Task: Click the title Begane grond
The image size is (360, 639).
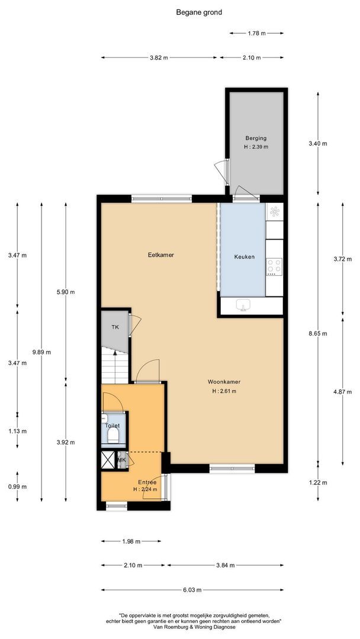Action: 199,12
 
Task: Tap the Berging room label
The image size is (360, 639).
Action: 256,138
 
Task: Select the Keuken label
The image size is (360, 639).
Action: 244,257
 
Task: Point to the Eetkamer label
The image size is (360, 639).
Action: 161,255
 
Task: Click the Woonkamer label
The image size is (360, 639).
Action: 224,382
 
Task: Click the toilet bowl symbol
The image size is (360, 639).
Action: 112,435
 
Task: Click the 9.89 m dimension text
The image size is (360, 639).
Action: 41,352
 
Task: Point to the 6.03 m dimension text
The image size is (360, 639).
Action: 192,590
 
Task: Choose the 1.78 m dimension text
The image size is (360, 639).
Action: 256,33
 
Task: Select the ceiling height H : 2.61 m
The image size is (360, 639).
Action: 224,391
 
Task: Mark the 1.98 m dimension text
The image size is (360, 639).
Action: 131,541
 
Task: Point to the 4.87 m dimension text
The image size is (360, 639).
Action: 342,392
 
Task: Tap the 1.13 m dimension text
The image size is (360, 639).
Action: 18,431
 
